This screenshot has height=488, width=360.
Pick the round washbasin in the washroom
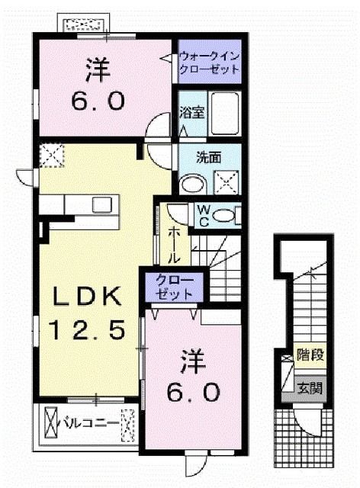[191, 184]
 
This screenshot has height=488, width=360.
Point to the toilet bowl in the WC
[225, 216]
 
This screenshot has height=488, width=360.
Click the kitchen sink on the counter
[101, 204]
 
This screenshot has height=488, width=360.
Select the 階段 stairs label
[309, 355]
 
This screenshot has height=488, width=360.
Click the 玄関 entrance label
[310, 388]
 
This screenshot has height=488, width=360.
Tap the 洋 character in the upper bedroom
[95, 70]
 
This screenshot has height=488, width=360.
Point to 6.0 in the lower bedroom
[194, 392]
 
